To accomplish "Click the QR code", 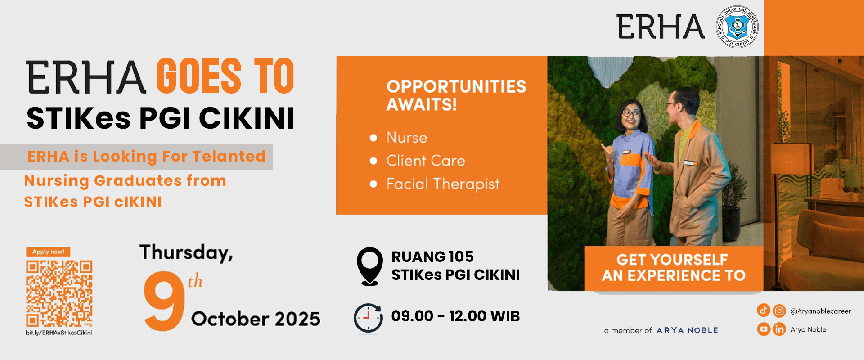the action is (59, 293).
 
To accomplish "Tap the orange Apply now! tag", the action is (48, 252).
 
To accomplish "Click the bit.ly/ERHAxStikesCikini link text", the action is (59, 333).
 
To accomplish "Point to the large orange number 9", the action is (164, 301).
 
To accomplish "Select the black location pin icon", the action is (370, 266).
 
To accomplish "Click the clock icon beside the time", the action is (368, 319).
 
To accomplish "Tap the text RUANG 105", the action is (432, 256).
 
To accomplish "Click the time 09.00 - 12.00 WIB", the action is (455, 316).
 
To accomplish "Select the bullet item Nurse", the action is (407, 138).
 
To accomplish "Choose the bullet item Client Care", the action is (426, 161).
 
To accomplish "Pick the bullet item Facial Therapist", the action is (443, 184).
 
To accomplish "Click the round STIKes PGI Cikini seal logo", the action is (737, 27).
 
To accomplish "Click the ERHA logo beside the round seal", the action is (660, 27).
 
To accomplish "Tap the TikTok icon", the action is (764, 310).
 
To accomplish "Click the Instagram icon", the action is (779, 310).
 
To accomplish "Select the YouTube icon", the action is (764, 329).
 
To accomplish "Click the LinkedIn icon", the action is (779, 329).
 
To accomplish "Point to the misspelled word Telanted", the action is (229, 156).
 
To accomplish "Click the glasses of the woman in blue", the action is (631, 113).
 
